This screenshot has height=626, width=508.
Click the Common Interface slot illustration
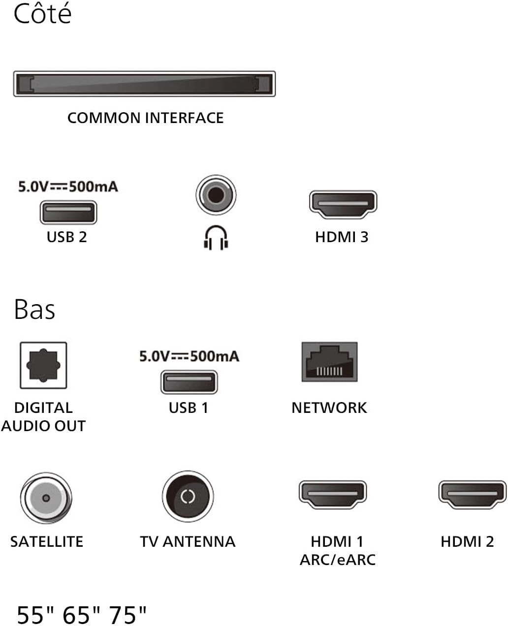coord(144,84)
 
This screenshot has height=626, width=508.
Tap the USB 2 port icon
coord(68,212)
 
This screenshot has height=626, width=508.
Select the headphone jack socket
coord(216,195)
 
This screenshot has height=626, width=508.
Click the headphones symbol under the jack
coord(216,238)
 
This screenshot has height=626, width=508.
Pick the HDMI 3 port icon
coord(343,204)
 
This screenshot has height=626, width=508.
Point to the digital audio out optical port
coord(43,365)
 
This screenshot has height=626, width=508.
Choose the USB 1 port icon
coord(189,382)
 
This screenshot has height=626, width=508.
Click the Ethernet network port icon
coord(329,362)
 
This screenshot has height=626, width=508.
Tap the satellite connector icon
coord(46,498)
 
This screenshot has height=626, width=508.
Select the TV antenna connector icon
coord(188,497)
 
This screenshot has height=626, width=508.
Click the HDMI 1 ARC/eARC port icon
coord(333,495)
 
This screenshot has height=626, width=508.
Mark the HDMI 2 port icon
coord(473,495)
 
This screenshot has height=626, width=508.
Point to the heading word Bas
coord(34,310)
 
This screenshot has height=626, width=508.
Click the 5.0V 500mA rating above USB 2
coord(68,187)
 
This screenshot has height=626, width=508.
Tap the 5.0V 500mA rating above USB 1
coord(190,356)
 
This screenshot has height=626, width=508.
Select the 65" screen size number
coord(81,615)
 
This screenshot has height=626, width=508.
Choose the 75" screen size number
coord(127,615)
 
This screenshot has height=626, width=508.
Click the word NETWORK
coord(329,408)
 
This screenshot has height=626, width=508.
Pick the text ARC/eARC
coord(338,560)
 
